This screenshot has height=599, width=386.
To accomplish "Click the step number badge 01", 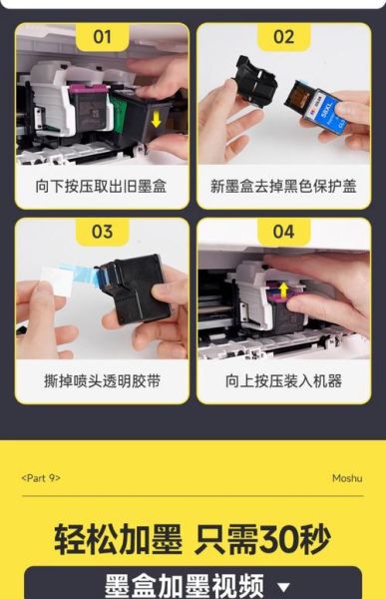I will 102,38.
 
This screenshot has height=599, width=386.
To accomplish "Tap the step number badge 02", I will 283,38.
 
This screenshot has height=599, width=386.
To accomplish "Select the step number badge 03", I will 102,233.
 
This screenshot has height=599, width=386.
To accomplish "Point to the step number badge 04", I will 283,233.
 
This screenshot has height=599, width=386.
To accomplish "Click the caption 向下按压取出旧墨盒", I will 102,186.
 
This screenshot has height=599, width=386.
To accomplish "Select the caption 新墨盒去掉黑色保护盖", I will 283,186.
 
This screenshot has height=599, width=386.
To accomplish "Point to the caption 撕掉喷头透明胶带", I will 102,380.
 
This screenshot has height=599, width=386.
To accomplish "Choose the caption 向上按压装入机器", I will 283,380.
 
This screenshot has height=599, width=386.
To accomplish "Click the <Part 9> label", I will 40,478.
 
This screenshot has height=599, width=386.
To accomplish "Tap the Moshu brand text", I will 346,478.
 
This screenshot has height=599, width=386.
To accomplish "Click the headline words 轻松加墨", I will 118,539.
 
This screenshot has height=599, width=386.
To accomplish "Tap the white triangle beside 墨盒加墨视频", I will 283,588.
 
